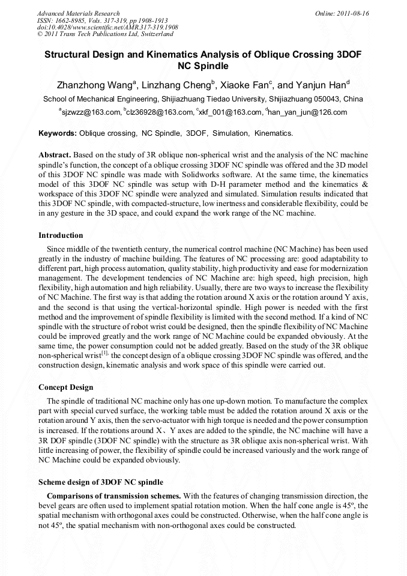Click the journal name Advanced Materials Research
(78, 13)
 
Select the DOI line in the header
(107, 28)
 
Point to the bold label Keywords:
(58, 132)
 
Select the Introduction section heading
(61, 235)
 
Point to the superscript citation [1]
(104, 353)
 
